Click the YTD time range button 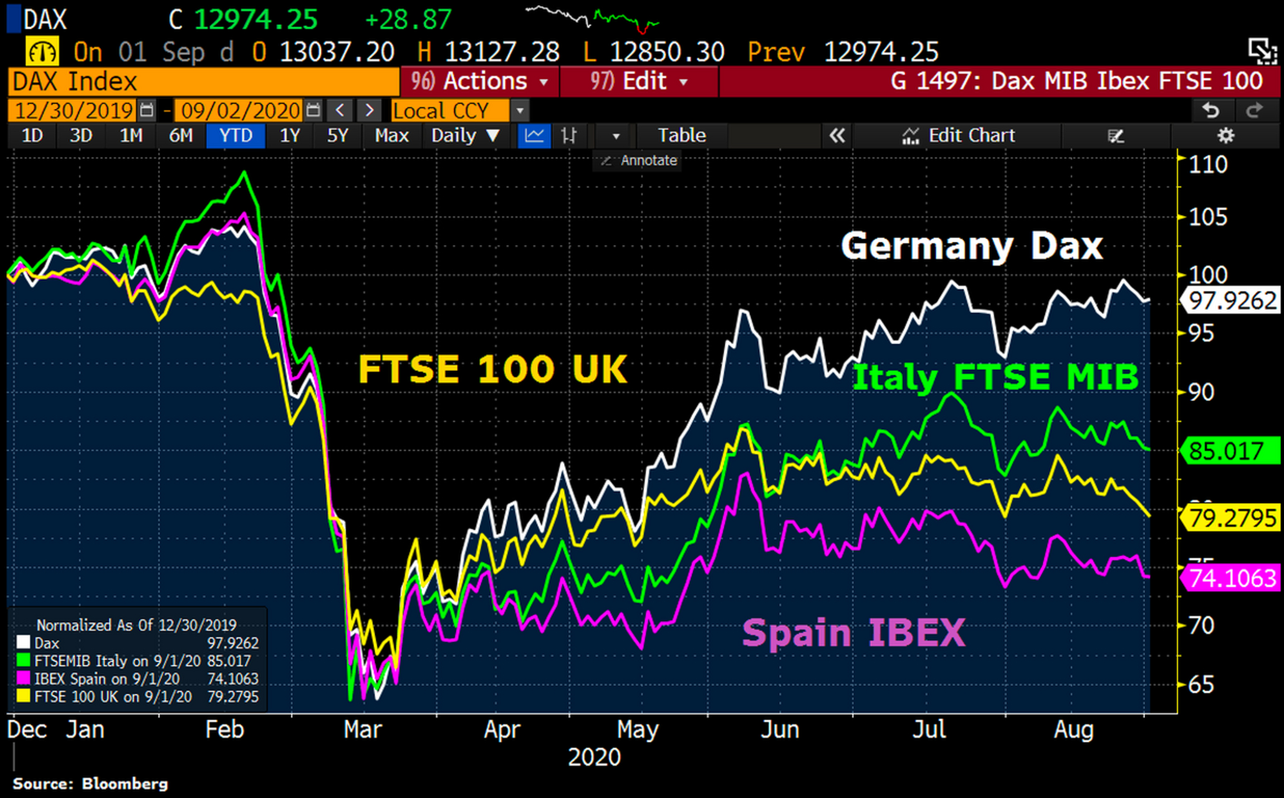(236, 135)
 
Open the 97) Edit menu (640, 82)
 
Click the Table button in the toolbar (682, 135)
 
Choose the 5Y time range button (337, 135)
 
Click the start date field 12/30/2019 (74, 111)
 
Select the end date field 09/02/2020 (241, 111)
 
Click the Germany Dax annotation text (972, 246)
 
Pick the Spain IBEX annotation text (854, 633)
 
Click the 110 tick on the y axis (1208, 165)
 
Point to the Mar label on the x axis (362, 729)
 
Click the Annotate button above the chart (640, 160)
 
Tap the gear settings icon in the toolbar (1225, 135)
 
